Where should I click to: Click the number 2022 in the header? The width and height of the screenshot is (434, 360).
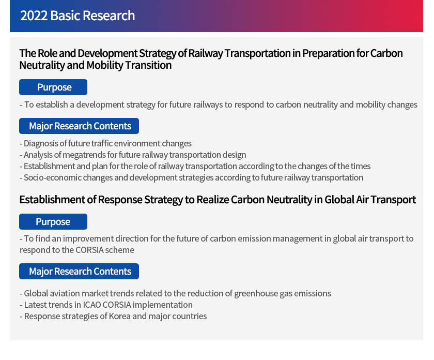tap(34, 16)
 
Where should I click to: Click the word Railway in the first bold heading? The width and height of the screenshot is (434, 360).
tap(206, 53)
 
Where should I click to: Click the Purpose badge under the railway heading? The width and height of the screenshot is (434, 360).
tap(53, 87)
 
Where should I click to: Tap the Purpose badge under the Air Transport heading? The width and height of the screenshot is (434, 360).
tap(53, 221)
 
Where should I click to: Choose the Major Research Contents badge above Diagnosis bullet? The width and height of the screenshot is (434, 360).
tap(79, 126)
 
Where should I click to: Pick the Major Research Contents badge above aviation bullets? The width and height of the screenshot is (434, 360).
tap(79, 271)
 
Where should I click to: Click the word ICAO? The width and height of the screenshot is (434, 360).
tap(91, 305)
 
